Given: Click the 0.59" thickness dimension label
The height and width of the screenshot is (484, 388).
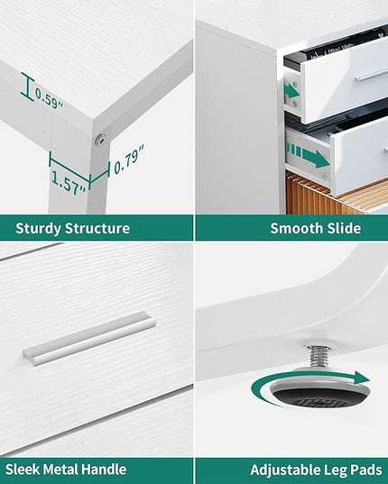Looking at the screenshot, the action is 49,98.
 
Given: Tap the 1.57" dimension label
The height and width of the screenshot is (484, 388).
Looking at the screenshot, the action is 69,183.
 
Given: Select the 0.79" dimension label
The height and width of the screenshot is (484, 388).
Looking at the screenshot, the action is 129,160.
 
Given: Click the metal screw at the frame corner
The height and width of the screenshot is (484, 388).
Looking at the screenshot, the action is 100,140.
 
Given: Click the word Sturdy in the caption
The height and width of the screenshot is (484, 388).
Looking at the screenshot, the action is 38,229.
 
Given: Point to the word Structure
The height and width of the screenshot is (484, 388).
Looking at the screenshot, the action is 97,228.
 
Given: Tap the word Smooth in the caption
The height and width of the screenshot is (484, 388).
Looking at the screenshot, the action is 296,228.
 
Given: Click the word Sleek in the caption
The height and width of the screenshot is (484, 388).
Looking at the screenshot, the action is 22,470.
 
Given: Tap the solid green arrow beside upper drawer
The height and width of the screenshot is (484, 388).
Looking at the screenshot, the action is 292,91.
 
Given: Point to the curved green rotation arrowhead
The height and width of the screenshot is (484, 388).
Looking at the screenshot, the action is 362,378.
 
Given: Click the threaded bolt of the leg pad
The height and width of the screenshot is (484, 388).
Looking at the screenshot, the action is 316,358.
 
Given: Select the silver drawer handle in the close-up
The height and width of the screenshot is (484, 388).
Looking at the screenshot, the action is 89,338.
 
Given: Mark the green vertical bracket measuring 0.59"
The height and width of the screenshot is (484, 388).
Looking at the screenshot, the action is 27,87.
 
